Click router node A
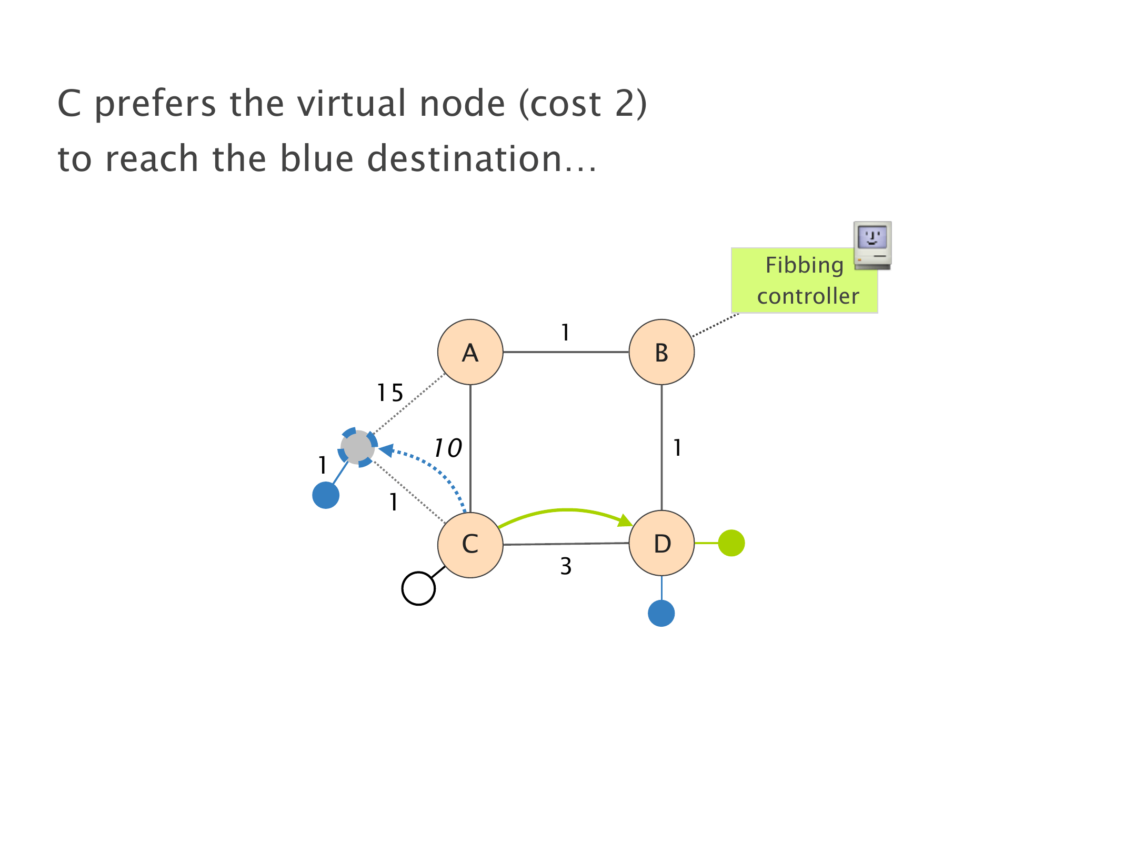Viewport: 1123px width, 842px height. point(470,352)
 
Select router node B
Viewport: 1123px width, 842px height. point(661,352)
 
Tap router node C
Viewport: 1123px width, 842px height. point(470,544)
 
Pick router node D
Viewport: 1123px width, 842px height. point(661,543)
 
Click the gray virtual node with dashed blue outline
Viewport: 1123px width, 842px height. point(358,447)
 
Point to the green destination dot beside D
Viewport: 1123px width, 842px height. point(731,543)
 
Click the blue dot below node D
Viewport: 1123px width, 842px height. point(661,613)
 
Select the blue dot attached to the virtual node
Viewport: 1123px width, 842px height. point(326,495)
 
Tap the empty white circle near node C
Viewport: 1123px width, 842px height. point(418,588)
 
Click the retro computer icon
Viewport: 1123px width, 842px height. point(872,245)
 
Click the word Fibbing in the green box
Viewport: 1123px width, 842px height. point(804,265)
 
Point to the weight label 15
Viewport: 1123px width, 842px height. point(390,393)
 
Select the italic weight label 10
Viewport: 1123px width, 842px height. point(447,448)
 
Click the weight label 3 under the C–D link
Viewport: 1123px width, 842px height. point(566,566)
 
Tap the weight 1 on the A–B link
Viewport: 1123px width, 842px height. point(565,333)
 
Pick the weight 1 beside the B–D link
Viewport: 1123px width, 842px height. point(677,448)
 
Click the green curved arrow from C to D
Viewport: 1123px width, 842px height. point(566,510)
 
